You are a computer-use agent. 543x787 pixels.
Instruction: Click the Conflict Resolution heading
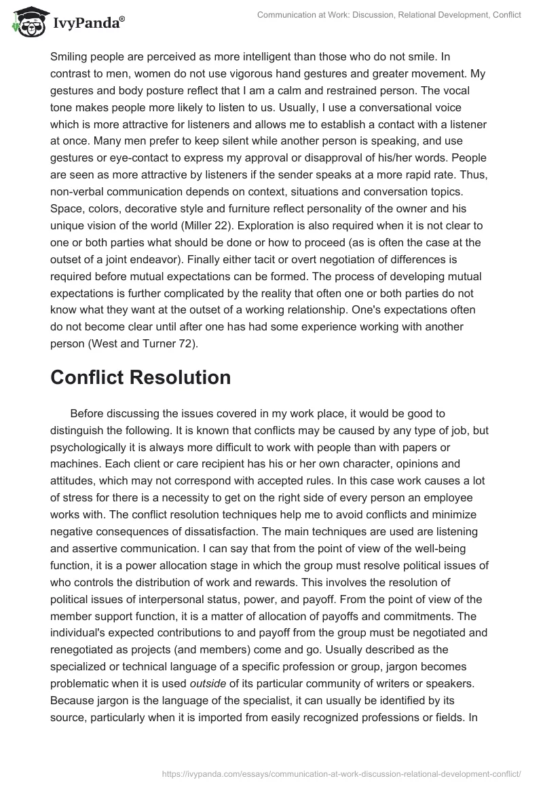141,378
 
